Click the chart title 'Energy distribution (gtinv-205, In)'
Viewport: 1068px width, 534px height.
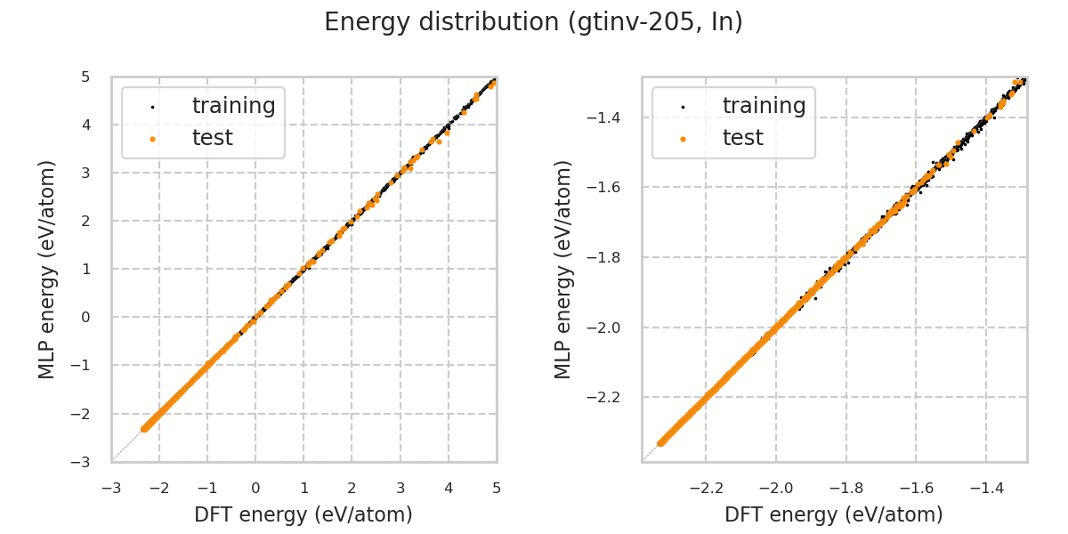533,22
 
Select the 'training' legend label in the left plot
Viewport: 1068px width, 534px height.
233,106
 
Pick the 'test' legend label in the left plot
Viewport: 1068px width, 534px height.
212,138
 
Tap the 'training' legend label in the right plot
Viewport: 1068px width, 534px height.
764,106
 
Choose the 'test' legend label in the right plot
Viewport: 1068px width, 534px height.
742,138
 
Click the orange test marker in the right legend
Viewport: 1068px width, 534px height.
683,139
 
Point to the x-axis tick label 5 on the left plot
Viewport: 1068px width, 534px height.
497,488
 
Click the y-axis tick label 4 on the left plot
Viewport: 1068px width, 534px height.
85,125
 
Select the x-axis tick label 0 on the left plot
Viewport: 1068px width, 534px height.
255,488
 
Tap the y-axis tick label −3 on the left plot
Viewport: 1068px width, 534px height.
82,461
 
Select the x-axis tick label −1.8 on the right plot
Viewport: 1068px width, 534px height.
843,488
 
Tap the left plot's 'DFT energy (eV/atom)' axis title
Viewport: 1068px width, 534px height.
303,514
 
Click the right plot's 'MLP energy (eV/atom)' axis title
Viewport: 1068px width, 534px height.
563,269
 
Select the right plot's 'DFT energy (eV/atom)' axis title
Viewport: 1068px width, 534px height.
834,514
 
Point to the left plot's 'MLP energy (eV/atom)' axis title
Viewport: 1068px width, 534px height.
47,269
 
